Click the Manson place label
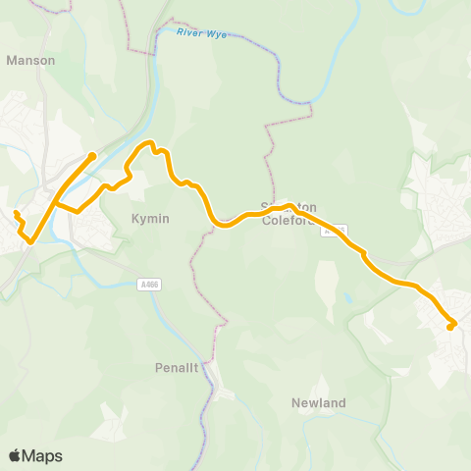pos(30,60)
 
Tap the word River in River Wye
pos(189,32)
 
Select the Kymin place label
pos(150,221)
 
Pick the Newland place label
pos(319,402)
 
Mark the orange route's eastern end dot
pos(450,327)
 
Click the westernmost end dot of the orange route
pos(16,213)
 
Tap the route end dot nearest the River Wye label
pos(91,155)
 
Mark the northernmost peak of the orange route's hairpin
pos(151,144)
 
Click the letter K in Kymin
pos(135,221)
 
